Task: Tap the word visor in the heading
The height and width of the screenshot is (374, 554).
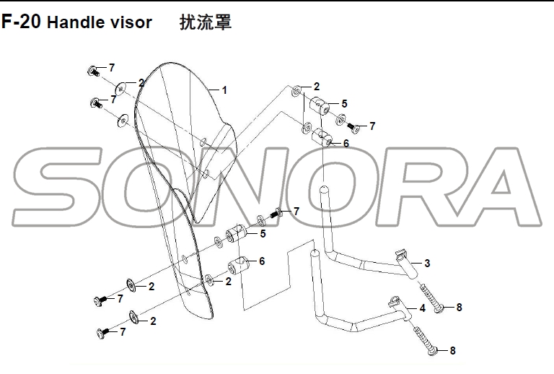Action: [x=131, y=22]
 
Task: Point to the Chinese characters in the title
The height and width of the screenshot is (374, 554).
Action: [x=206, y=22]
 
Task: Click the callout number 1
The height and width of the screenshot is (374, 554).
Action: [x=224, y=90]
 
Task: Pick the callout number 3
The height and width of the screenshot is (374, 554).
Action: [x=427, y=264]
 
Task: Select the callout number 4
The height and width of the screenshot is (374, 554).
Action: [x=423, y=308]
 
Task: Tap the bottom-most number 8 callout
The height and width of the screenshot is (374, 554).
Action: [x=453, y=351]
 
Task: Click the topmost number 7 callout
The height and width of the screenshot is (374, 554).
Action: [x=112, y=68]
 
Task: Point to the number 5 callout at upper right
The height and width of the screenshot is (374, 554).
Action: [x=344, y=104]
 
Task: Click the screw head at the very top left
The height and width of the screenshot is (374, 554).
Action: [x=94, y=71]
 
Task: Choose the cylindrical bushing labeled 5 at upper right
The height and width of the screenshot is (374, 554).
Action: [x=320, y=106]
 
